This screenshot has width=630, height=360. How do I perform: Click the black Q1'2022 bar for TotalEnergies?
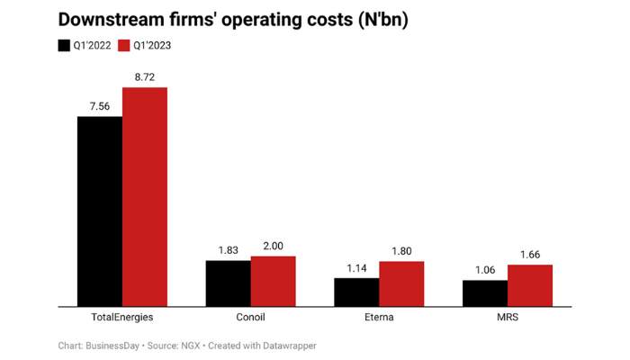point(100,211)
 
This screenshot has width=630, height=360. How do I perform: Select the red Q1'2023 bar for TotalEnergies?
point(145,197)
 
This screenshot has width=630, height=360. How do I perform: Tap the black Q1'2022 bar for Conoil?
point(229,283)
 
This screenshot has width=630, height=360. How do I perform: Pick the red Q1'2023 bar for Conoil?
point(274,282)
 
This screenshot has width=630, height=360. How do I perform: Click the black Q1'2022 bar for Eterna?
point(356,292)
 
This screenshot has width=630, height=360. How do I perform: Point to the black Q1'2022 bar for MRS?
point(485,293)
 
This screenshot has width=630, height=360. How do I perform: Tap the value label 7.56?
point(100,106)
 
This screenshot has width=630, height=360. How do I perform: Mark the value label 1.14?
point(356,268)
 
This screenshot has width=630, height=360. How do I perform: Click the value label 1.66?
point(530,255)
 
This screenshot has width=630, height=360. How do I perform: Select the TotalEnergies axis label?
point(122,318)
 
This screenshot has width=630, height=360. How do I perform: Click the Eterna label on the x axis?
point(379,318)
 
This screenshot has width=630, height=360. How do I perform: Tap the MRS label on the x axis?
point(508,318)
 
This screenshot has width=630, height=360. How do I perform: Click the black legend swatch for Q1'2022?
point(64,45)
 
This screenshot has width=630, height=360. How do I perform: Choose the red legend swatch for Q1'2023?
point(128,45)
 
